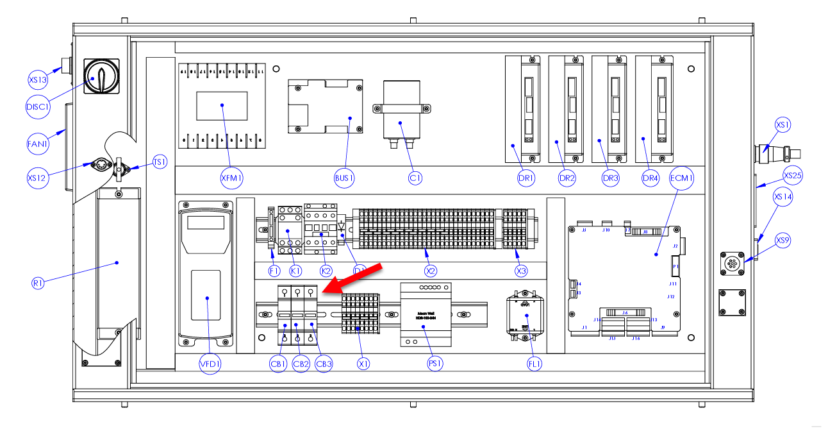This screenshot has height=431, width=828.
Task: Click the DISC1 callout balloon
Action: (x=38, y=106)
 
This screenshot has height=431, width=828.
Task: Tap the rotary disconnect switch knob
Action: (x=101, y=76)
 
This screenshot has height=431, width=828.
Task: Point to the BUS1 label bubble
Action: (x=344, y=178)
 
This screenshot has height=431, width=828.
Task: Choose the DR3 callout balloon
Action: (x=610, y=179)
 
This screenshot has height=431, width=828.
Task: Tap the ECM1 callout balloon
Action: (x=681, y=179)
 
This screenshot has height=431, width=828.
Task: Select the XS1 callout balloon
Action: (x=783, y=124)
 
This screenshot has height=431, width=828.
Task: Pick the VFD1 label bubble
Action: (x=210, y=364)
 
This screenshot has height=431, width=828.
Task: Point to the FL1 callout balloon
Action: (x=534, y=364)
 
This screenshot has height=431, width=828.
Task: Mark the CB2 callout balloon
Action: (x=301, y=364)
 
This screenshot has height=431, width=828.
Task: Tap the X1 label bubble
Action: (x=363, y=364)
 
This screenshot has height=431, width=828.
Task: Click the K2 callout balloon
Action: (x=326, y=271)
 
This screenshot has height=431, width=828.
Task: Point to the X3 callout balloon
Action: (x=521, y=271)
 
